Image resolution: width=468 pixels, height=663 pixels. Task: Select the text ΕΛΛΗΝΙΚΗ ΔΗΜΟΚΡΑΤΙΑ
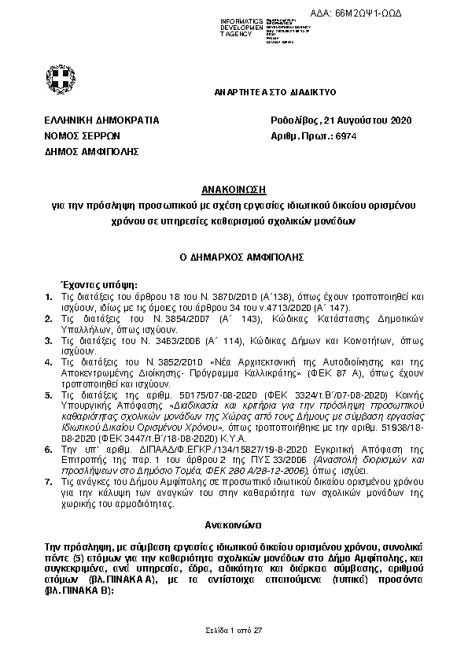[x=102, y=120]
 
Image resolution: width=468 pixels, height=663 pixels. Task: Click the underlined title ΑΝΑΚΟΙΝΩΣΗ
[x=234, y=191]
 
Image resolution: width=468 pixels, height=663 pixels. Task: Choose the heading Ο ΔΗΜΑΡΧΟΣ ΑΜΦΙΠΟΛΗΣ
[x=234, y=257]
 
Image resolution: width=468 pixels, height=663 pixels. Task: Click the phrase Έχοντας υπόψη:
[x=94, y=283]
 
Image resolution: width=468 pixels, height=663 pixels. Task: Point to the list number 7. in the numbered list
[x=49, y=480]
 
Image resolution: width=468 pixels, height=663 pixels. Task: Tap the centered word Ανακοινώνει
[x=233, y=522]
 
